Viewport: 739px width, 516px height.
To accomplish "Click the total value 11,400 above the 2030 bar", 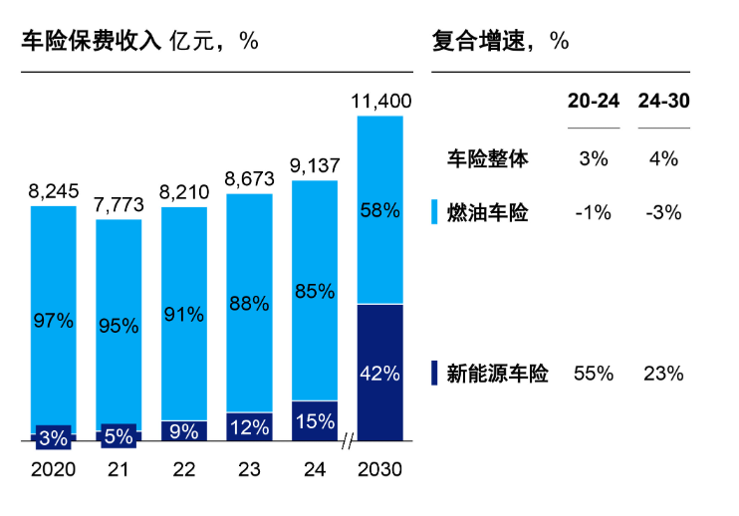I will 379,101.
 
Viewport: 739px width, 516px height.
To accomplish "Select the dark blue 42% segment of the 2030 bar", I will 379,373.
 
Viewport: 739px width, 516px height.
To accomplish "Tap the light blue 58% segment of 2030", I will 379,210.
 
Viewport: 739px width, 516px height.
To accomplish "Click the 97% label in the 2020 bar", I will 53,321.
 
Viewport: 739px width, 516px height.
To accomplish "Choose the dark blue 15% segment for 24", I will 315,420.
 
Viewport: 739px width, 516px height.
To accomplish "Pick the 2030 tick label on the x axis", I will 379,469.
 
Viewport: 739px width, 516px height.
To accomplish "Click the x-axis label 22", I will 184,469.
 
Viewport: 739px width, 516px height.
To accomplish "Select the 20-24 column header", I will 593,102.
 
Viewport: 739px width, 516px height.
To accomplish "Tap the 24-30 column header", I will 663,102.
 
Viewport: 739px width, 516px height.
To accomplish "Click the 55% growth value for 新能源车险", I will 593,374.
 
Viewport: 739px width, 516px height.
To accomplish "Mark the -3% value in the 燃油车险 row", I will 663,212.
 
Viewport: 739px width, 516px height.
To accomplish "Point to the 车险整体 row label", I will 486,157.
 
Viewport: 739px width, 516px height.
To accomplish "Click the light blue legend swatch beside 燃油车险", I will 434,212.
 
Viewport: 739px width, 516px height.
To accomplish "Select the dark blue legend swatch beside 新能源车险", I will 434,374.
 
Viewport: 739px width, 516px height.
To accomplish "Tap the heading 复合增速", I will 473,41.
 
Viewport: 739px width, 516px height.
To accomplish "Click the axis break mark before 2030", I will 348,440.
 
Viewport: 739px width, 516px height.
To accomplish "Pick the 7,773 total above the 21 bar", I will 119,205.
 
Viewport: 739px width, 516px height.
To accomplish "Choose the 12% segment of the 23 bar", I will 249,426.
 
